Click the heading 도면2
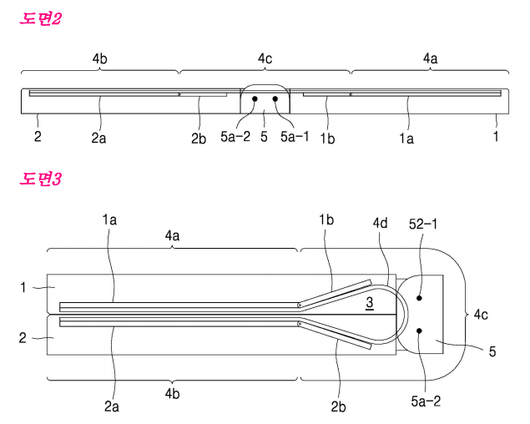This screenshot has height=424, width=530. coord(41,18)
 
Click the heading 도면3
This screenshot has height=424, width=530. coord(41,179)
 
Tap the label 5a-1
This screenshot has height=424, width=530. coord(295,136)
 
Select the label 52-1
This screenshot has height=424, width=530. coord(423,224)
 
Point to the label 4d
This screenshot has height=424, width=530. coord(381,223)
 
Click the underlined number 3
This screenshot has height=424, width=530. coord(370,303)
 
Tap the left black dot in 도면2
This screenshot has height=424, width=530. coord(255,98)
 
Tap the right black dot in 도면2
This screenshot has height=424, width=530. coord(275,98)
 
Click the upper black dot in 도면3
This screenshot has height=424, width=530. coord(419,298)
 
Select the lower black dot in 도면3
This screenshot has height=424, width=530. coord(419,331)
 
